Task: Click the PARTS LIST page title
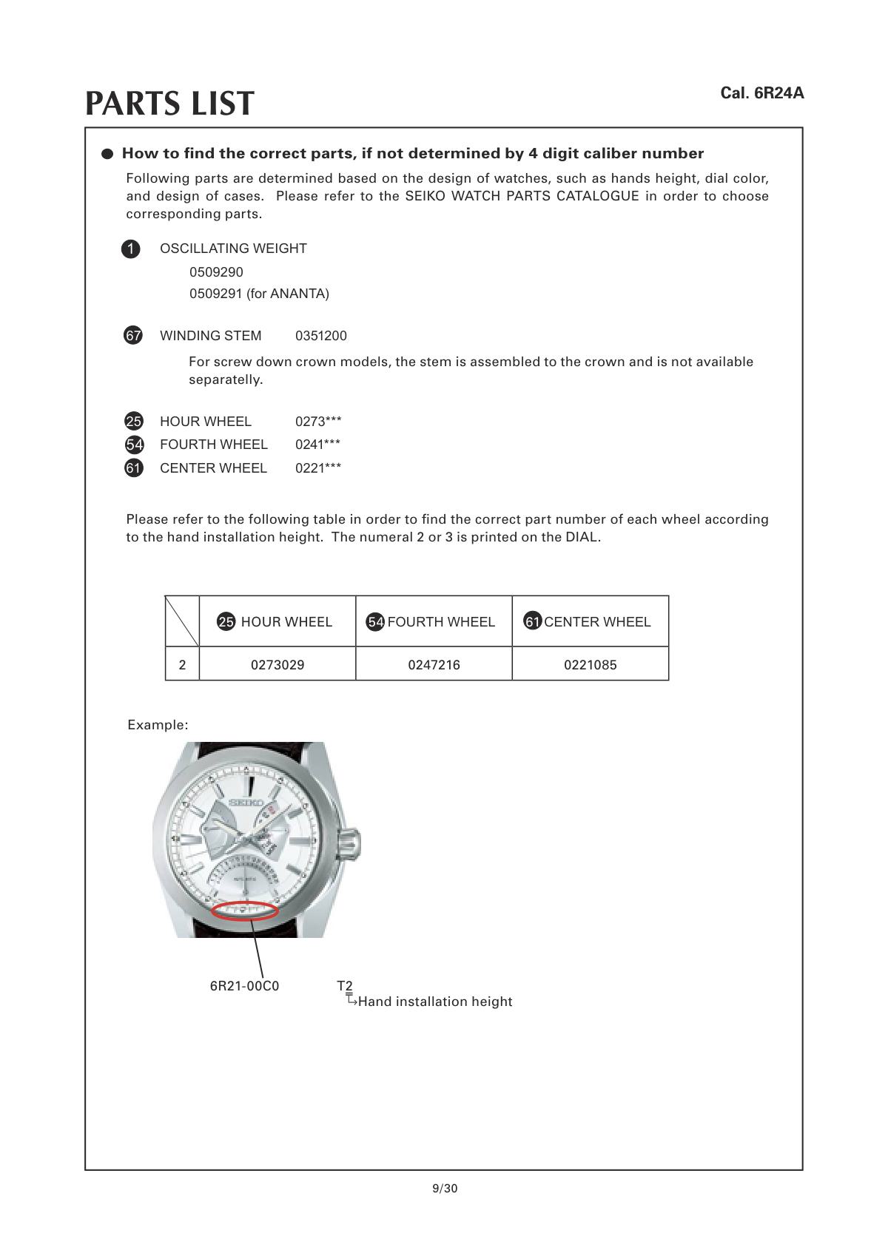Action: (169, 104)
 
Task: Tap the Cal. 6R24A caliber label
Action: (761, 93)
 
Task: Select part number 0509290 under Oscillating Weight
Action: (216, 272)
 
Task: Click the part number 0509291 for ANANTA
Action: (259, 294)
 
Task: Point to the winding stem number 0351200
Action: (320, 336)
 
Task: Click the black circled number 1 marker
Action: (130, 249)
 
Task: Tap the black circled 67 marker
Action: (133, 336)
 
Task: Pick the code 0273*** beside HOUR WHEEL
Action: (318, 422)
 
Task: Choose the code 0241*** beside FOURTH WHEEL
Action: (318, 445)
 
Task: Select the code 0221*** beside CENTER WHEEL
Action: (318, 468)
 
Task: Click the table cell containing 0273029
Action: (277, 665)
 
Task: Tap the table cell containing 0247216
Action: (434, 665)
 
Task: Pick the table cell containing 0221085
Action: (590, 665)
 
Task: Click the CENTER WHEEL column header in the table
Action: (590, 622)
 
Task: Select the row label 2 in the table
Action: (182, 665)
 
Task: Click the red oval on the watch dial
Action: (244, 911)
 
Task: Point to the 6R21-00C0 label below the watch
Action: (244, 986)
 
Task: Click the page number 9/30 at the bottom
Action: (445, 1189)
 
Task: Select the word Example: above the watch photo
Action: (158, 725)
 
